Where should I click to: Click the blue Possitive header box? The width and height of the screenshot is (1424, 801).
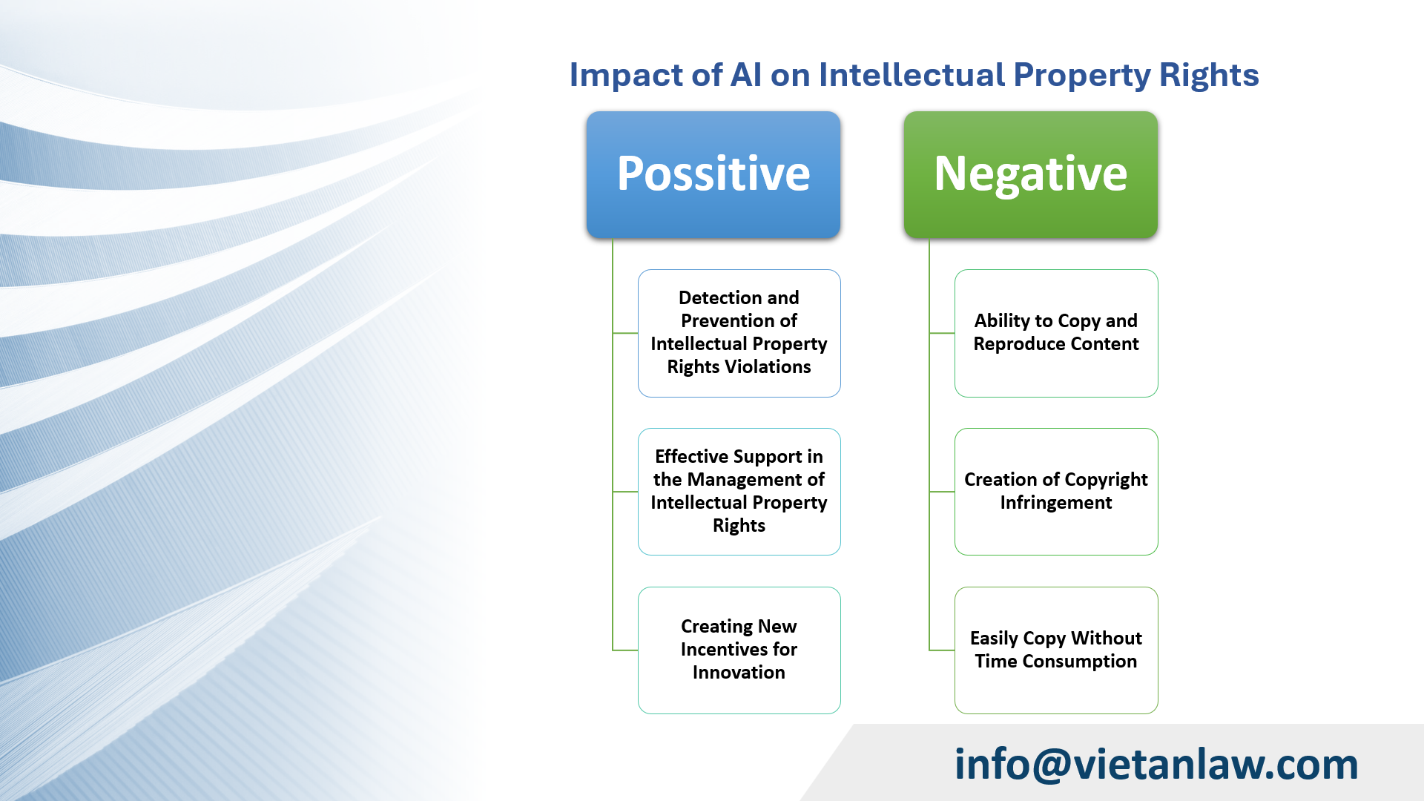(x=713, y=174)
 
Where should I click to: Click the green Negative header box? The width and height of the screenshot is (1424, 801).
(x=1030, y=174)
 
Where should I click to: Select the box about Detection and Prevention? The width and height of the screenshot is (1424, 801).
(x=739, y=333)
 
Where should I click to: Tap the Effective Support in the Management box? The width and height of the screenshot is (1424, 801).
(x=739, y=491)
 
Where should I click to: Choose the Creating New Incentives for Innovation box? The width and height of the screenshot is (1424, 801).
(x=739, y=650)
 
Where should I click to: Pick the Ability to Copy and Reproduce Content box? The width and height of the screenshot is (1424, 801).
(x=1055, y=333)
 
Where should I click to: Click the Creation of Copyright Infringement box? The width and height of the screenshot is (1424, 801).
(x=1055, y=491)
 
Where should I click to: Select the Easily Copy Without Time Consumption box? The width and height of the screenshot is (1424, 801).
(x=1055, y=650)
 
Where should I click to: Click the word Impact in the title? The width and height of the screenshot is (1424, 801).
(x=625, y=76)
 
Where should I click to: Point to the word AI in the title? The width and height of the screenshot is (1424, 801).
(x=745, y=75)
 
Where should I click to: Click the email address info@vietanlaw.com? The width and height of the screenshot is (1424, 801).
(x=1156, y=764)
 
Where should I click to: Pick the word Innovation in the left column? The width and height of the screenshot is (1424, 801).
(x=739, y=672)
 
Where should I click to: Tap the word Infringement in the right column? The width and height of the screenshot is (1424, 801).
(x=1055, y=502)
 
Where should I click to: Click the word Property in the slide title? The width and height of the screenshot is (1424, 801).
(x=1081, y=76)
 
